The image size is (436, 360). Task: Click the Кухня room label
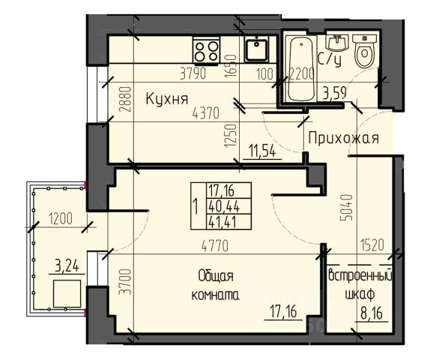point(167,100)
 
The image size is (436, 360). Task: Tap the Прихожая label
point(343,138)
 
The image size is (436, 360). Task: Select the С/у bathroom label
point(330,60)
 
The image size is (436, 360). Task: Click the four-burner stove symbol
point(206,51)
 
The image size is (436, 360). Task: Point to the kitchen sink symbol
point(256,49)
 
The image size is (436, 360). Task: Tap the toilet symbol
point(365,51)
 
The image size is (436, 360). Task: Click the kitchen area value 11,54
point(262,151)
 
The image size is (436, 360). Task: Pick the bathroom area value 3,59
point(334,93)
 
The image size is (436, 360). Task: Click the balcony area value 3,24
point(67,266)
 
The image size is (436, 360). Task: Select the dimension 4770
point(215,246)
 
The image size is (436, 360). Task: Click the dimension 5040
point(346,208)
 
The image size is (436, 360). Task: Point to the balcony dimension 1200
point(61,218)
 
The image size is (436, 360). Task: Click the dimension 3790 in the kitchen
point(193,73)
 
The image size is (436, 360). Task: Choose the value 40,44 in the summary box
point(223,206)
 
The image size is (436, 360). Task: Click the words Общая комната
point(216,286)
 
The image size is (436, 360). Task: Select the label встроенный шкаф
point(360,285)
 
